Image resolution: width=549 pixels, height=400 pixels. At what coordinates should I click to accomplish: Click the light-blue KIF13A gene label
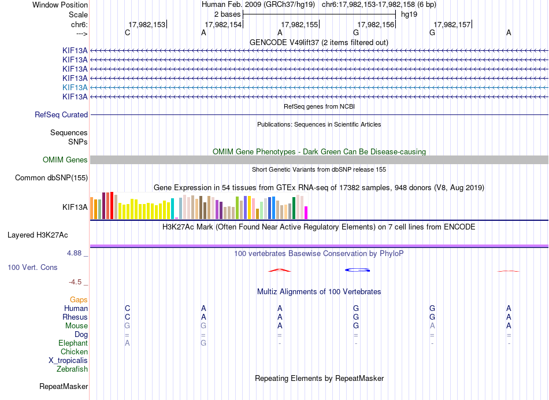pos(75,87)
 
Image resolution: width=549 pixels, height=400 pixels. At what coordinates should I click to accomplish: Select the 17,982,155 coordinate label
pos(299,24)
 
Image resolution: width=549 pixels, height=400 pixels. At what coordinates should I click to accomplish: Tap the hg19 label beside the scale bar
pos(409,14)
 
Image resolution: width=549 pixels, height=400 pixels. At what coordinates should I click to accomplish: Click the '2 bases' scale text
pos(227,14)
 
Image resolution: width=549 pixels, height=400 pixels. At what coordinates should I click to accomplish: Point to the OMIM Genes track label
pos(65,160)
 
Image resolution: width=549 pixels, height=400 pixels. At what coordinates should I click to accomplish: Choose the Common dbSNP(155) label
pos(51,178)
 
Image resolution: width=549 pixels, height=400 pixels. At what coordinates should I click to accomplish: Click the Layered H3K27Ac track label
pos(38,235)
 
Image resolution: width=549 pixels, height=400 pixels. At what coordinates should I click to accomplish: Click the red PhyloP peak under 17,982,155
pos(279,270)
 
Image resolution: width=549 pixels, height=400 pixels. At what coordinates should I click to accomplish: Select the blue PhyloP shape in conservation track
pos(358,270)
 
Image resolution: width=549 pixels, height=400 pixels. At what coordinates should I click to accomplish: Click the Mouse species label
pos(76,326)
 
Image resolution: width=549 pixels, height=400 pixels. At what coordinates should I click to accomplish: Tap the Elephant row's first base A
pos(128,343)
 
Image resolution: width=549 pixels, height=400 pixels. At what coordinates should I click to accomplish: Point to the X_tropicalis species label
pos(68,361)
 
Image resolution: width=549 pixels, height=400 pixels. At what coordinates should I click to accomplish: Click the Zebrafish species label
pos(72,369)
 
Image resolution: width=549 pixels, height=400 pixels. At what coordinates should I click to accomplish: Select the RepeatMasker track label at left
pos(64,387)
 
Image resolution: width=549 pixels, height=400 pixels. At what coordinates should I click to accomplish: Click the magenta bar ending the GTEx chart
pos(306,213)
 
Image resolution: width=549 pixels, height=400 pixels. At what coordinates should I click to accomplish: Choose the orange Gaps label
pos(79,300)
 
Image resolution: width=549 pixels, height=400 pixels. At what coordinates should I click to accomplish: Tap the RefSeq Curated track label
pos(61,115)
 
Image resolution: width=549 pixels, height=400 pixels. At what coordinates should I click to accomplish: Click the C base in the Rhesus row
pos(128,317)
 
